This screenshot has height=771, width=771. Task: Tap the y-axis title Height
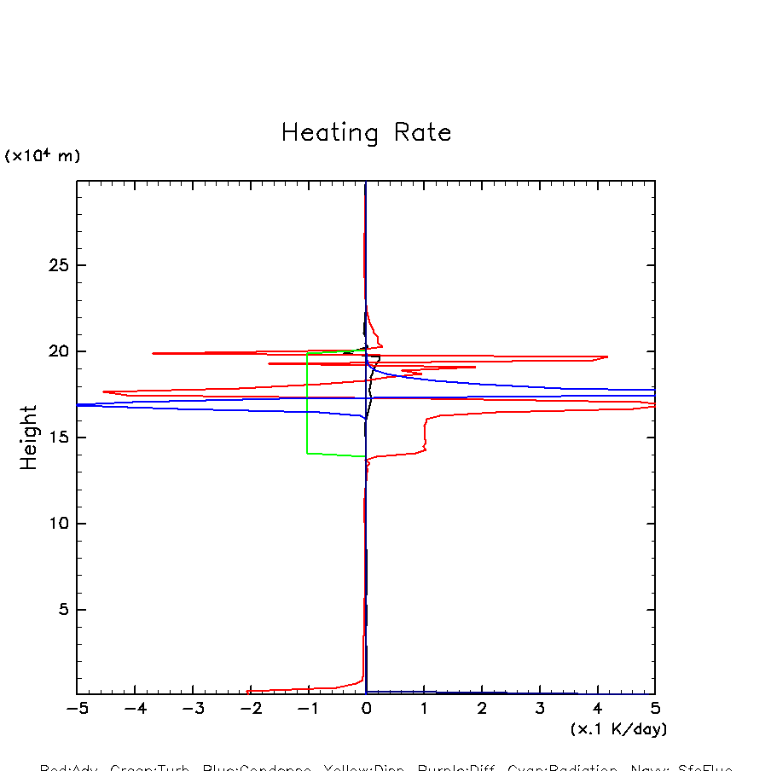point(29,438)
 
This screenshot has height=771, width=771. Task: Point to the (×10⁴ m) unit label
point(43,156)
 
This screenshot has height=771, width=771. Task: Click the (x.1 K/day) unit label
point(618,729)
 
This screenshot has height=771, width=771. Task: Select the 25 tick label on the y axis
point(59,265)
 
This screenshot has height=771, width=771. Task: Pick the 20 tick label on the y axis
point(59,351)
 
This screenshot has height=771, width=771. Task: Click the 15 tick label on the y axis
point(59,438)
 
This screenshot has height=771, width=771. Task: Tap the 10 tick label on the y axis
point(59,524)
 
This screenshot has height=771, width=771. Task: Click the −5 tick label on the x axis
point(77,709)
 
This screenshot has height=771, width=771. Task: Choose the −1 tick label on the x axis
point(308,709)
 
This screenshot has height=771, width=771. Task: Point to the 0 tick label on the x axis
point(366,709)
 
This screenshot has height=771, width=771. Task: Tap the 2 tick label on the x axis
point(482,709)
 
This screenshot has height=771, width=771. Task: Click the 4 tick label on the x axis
point(597,709)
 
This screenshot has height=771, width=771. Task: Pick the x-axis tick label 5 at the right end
point(655,709)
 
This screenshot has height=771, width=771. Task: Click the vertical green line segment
point(307,402)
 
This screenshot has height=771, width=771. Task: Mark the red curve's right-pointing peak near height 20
point(606,357)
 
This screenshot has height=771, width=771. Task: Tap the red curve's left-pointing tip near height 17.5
point(104,391)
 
